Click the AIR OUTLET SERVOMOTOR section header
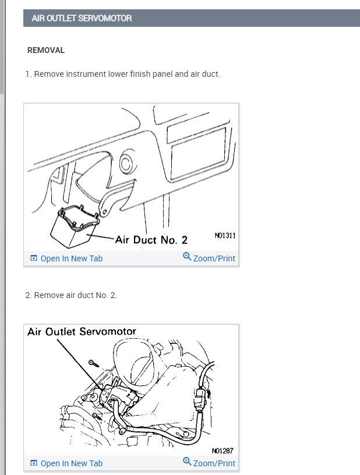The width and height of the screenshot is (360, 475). (x=82, y=18)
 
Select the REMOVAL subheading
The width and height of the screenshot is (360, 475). (x=46, y=50)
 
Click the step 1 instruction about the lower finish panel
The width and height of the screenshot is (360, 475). (x=123, y=75)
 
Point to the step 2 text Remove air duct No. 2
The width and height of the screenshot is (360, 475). (x=71, y=295)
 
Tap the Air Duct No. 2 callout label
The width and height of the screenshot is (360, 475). (x=151, y=240)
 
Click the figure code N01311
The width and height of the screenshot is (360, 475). (x=225, y=235)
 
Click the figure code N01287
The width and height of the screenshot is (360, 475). (x=223, y=451)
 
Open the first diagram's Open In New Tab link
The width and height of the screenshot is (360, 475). (x=66, y=258)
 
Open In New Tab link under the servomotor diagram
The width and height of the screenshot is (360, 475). (x=66, y=463)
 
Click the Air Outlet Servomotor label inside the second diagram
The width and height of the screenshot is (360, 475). (x=82, y=332)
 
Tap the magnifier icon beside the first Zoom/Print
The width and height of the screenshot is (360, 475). (x=187, y=257)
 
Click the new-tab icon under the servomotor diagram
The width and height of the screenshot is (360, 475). (x=34, y=463)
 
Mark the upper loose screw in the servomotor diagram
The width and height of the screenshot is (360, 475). (x=94, y=363)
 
